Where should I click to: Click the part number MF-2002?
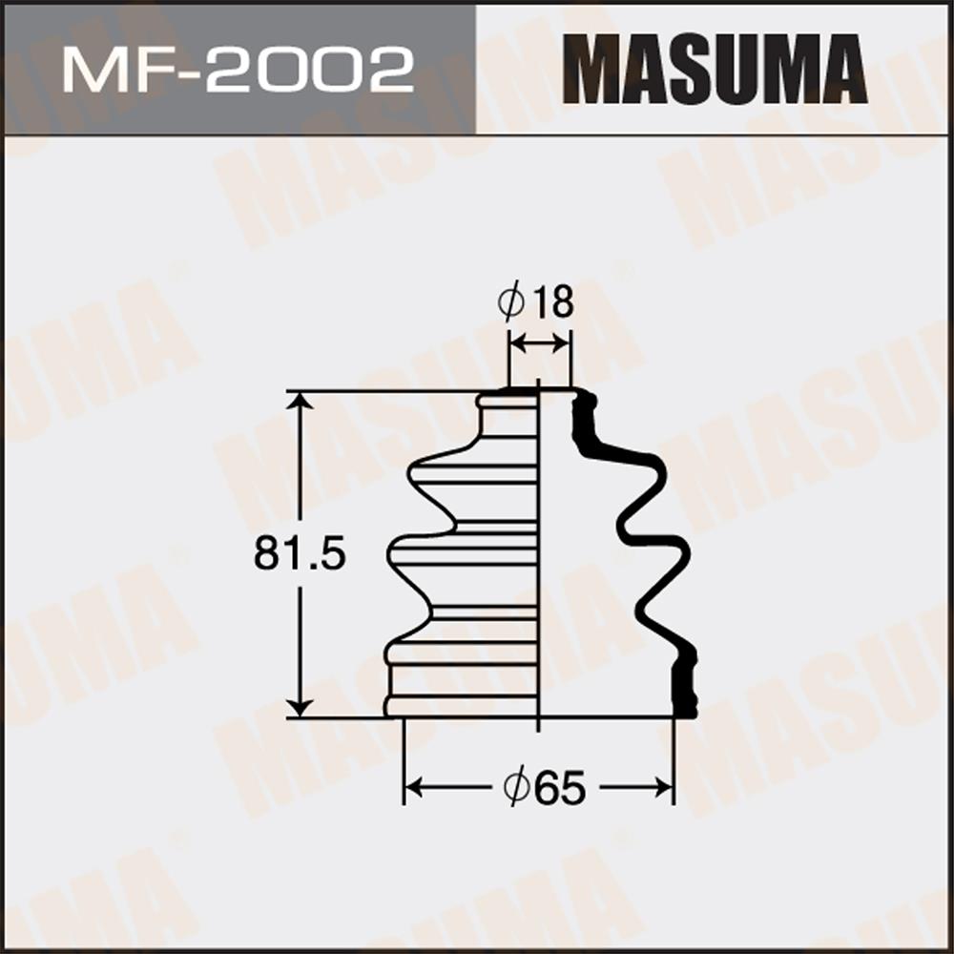click(x=238, y=72)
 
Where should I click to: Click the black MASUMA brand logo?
click(x=715, y=69)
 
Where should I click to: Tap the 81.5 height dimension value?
click(x=300, y=553)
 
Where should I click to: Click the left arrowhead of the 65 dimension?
click(x=414, y=787)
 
